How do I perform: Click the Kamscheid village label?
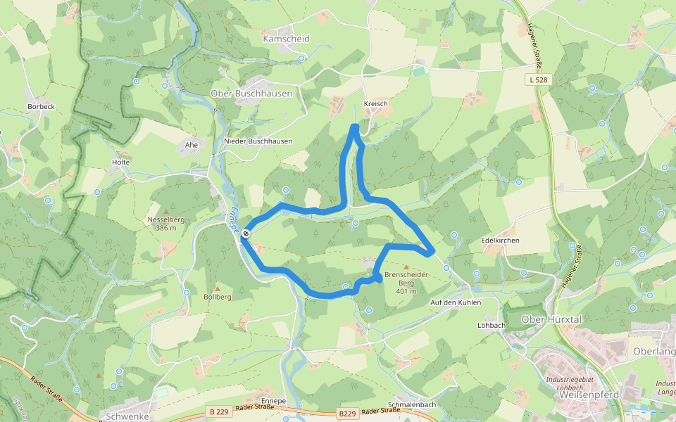click(x=286, y=39)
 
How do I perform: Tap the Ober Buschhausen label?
click(x=251, y=94)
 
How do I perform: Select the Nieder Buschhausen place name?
click(x=258, y=141)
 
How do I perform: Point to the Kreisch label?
click(x=376, y=104)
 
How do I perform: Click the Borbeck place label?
click(x=41, y=107)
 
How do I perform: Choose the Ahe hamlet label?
click(x=191, y=145)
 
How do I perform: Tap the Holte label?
click(x=121, y=162)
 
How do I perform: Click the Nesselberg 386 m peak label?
click(x=166, y=223)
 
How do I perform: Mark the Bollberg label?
click(x=217, y=298)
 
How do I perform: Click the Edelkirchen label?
click(x=500, y=241)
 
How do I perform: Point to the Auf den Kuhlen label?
click(x=455, y=302)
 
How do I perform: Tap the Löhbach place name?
click(x=492, y=326)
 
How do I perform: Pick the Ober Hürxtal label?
click(x=551, y=319)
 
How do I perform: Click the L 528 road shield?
click(x=539, y=80)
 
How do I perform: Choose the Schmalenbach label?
click(x=412, y=405)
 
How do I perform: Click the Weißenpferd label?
click(x=587, y=395)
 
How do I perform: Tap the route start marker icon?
click(x=246, y=234)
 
